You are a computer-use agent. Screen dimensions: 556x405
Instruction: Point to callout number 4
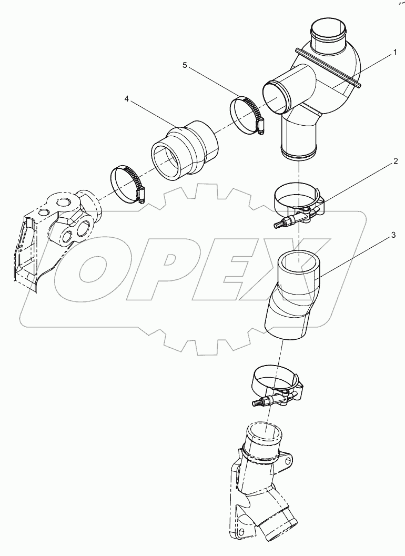pyautogui.click(x=127, y=98)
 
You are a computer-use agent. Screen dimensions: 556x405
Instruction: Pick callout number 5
pyautogui.click(x=185, y=65)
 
